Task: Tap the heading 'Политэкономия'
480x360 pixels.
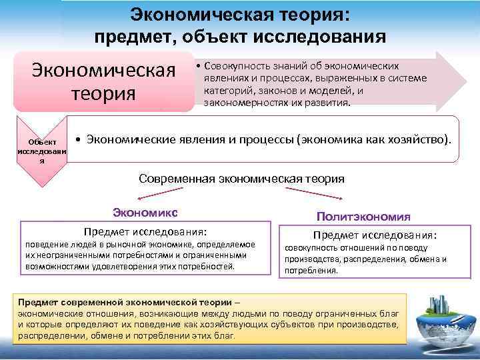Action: (x=363, y=217)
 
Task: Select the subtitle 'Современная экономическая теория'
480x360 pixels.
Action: (x=241, y=179)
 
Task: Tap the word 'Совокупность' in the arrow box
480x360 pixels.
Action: (x=235, y=66)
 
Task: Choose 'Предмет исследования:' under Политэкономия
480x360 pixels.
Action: (x=375, y=236)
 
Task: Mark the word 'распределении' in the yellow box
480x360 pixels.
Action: (x=51, y=336)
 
